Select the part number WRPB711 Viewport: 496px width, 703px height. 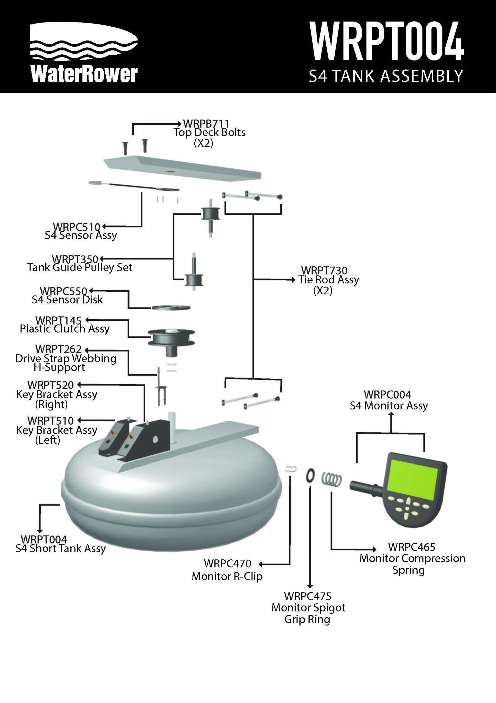pyautogui.click(x=206, y=124)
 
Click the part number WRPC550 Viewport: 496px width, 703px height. pyautogui.click(x=64, y=291)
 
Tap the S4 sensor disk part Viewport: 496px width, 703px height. pyautogui.click(x=171, y=307)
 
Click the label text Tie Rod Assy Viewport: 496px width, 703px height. pyautogui.click(x=329, y=280)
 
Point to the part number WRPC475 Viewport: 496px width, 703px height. pyautogui.click(x=307, y=596)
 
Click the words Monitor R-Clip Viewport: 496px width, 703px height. pyautogui.click(x=227, y=576)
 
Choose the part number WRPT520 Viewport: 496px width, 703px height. pyautogui.click(x=51, y=385)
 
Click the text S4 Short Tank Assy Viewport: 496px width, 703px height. pyautogui.click(x=60, y=548)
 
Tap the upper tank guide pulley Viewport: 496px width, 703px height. pyautogui.click(x=210, y=213)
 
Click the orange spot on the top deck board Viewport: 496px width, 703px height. pyautogui.click(x=170, y=171)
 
